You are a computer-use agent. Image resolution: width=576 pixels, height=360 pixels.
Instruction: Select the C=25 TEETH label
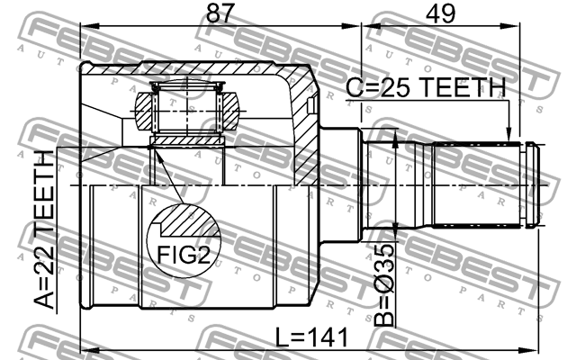click(426, 87)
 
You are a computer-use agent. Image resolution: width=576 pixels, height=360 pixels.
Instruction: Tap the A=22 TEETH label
click(44, 230)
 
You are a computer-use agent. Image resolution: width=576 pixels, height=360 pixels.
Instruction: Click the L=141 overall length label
click(311, 337)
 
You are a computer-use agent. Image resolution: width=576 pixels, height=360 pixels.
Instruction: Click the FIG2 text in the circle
click(184, 254)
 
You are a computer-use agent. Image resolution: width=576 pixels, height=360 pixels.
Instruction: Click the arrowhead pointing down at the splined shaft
click(508, 134)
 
